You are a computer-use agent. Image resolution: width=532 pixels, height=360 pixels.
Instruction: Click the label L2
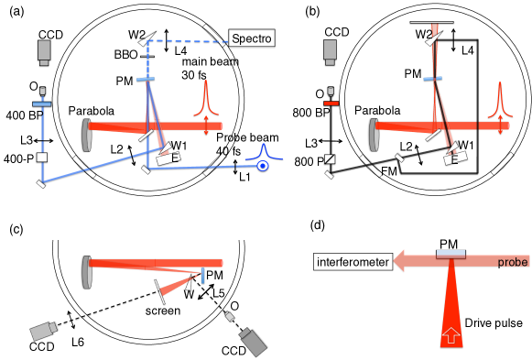click(x=116, y=149)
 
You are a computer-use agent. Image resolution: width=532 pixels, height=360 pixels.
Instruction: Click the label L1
click(x=244, y=177)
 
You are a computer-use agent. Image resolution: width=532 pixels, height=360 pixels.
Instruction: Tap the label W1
click(x=179, y=145)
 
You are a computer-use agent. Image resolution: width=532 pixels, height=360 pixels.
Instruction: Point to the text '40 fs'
click(x=228, y=151)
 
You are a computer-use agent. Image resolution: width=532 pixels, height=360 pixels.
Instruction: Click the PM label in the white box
click(x=448, y=245)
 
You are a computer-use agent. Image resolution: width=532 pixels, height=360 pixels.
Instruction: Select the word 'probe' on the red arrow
click(x=512, y=262)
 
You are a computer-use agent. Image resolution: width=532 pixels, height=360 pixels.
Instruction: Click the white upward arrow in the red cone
click(x=451, y=334)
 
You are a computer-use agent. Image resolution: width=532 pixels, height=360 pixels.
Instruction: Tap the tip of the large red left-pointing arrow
click(x=396, y=261)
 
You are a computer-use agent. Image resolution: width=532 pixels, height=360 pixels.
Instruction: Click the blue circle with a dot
click(x=263, y=166)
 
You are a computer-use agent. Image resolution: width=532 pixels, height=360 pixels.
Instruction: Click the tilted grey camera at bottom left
click(x=43, y=331)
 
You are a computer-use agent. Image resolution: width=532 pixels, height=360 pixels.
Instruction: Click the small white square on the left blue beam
click(x=41, y=158)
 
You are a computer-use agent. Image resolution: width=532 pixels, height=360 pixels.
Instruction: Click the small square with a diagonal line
click(x=330, y=158)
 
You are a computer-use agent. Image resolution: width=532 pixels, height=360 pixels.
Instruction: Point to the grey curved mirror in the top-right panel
click(x=374, y=134)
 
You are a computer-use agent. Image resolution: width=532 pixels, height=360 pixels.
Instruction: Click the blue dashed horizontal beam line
click(x=189, y=41)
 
